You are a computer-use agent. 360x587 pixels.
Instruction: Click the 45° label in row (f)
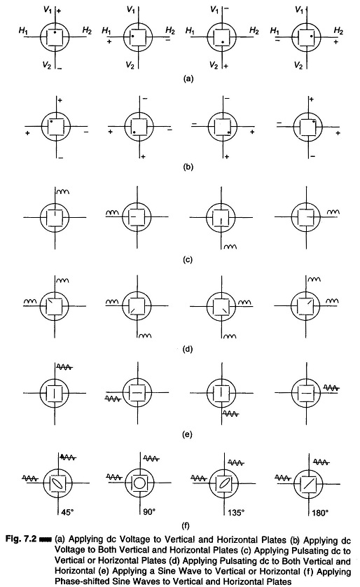click(67, 512)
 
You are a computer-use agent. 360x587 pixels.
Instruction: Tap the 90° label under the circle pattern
click(149, 512)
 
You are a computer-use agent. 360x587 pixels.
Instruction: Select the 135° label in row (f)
click(236, 513)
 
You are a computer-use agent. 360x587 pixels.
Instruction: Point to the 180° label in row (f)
click(320, 513)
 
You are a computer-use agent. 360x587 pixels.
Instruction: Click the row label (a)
click(188, 78)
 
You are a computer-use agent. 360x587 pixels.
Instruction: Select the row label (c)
click(188, 259)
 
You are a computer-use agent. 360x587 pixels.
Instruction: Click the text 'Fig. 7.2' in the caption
click(20, 539)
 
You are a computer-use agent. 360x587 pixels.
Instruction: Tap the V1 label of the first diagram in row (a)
click(48, 10)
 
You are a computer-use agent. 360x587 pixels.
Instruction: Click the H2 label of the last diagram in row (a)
click(338, 31)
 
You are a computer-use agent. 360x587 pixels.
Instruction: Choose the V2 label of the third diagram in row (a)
click(214, 66)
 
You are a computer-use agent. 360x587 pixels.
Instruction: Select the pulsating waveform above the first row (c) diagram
click(62, 192)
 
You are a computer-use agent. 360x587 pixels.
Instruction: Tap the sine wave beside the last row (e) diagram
click(331, 388)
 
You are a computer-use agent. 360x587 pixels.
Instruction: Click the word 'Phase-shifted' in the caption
click(78, 581)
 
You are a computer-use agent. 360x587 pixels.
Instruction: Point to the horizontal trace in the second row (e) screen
click(137, 393)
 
